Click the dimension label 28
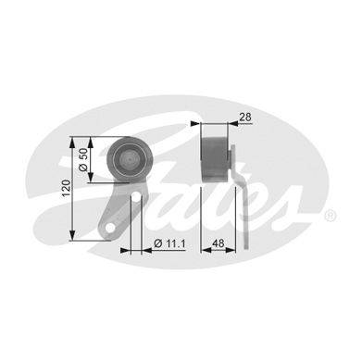pyautogui.click(x=245, y=117)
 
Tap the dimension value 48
pyautogui.click(x=218, y=243)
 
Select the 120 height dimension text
pyautogui.click(x=66, y=188)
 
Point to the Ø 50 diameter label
pyautogui.click(x=83, y=159)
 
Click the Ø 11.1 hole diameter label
pyautogui.click(x=169, y=243)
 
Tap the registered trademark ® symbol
pyautogui.click(x=330, y=216)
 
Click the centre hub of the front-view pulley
pyautogui.click(x=130, y=159)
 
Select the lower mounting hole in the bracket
pyautogui.click(x=110, y=228)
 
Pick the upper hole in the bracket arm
pyautogui.click(x=136, y=196)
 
